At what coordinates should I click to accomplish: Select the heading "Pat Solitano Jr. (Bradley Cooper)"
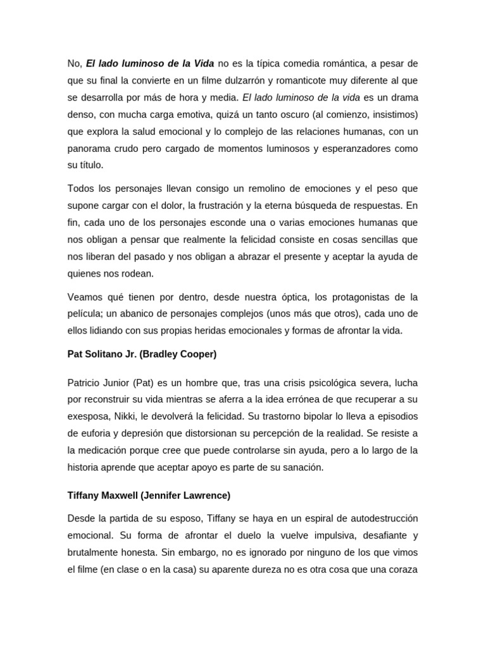(142, 354)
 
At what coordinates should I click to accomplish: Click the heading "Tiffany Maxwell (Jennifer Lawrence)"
(149, 495)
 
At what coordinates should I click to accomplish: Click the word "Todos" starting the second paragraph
(80, 189)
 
